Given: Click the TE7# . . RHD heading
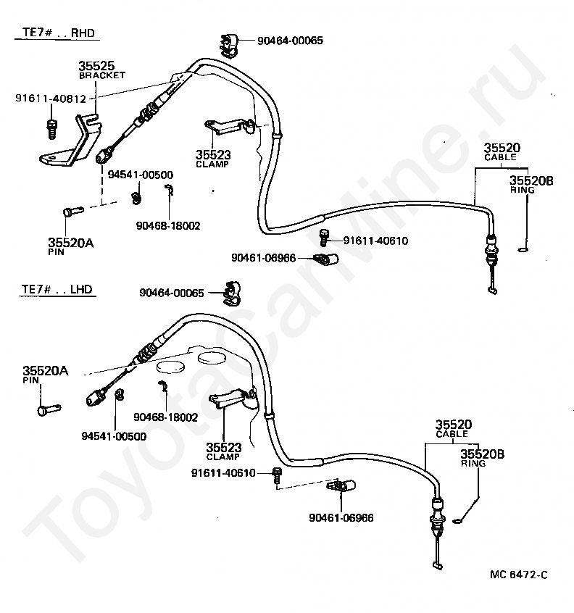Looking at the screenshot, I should pyautogui.click(x=55, y=33).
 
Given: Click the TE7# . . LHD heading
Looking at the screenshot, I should pyautogui.click(x=55, y=290).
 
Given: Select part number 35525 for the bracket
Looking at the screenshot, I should pyautogui.click(x=96, y=66).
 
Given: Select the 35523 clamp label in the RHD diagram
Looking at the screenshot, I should pyautogui.click(x=210, y=154).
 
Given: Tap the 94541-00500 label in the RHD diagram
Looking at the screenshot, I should pyautogui.click(x=141, y=175).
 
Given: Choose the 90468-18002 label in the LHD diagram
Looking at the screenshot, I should pyautogui.click(x=166, y=417).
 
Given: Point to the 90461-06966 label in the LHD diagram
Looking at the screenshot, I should pyautogui.click(x=341, y=517).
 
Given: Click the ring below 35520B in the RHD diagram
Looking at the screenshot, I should pyautogui.click(x=523, y=251).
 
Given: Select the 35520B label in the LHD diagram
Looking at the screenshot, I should pyautogui.click(x=482, y=454).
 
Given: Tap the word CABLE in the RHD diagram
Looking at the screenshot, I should pyautogui.click(x=500, y=157).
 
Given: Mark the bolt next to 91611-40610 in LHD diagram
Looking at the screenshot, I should pyautogui.click(x=277, y=475).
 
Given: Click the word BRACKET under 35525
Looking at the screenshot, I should pyautogui.click(x=101, y=75).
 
